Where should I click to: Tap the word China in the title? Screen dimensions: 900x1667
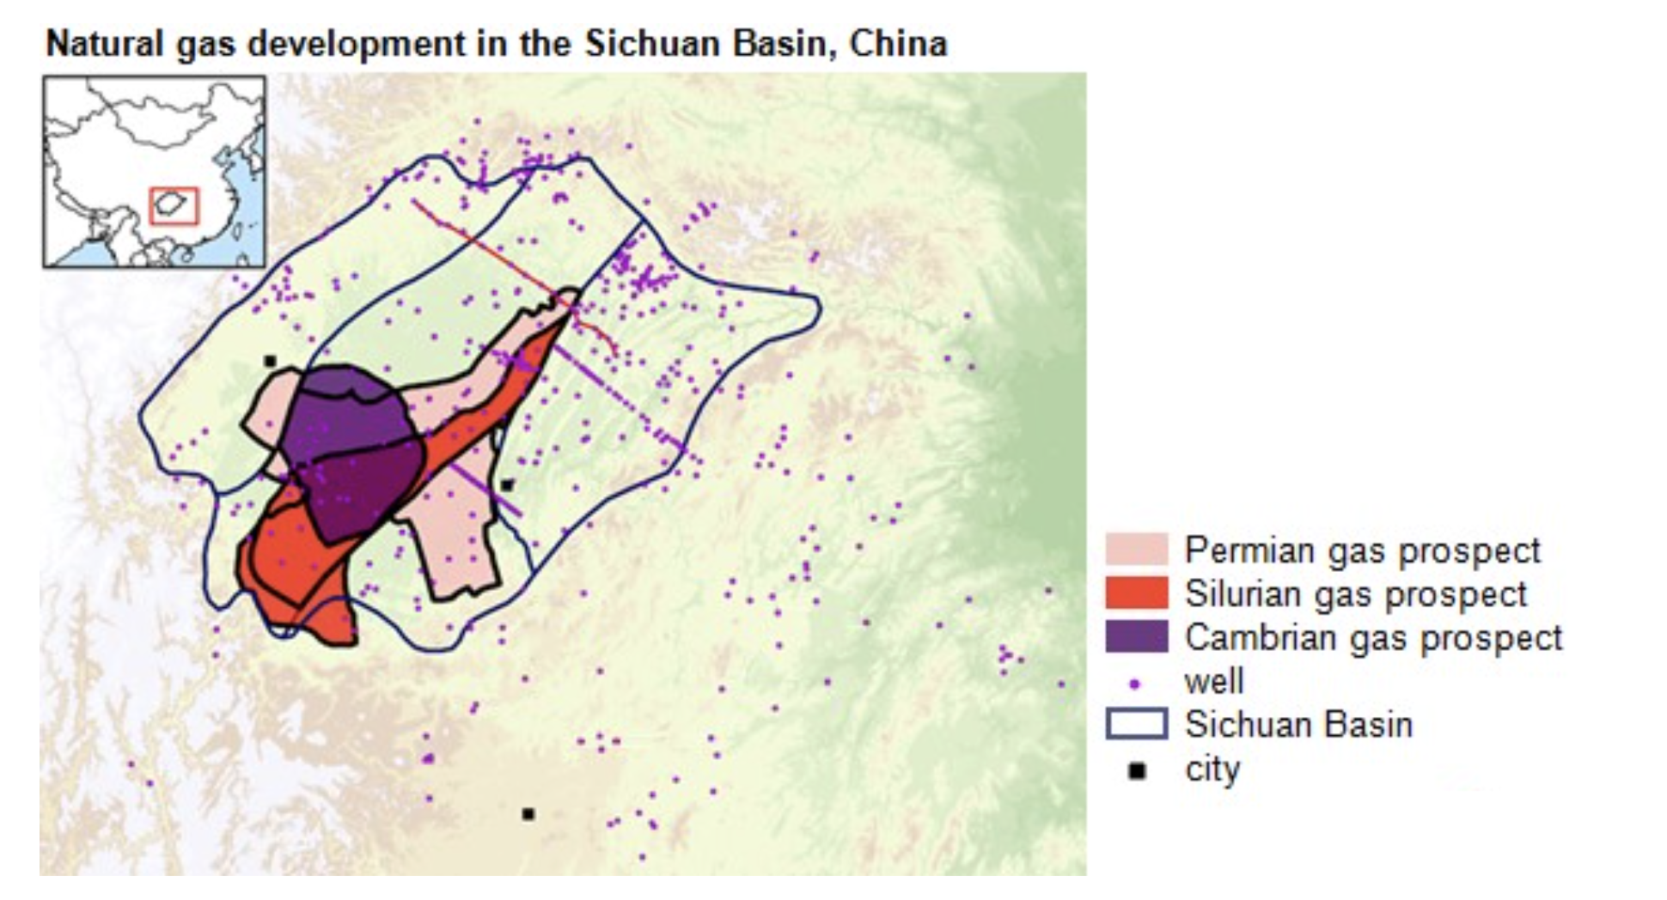898,43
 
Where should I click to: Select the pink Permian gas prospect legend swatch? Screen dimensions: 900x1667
1136,550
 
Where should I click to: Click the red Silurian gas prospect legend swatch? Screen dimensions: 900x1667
1136,593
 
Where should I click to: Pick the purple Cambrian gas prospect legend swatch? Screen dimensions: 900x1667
1136,637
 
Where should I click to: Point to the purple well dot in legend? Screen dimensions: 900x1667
1135,684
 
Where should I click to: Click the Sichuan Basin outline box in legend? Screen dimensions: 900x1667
1136,724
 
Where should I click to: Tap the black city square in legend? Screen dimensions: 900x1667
1136,771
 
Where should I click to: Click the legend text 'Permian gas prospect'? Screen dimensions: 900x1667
1362,550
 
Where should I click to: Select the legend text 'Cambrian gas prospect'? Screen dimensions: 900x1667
1372,638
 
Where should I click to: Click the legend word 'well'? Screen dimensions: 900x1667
1213,682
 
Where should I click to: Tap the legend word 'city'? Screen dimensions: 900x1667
1212,769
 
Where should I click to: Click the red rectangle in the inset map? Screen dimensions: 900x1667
174,206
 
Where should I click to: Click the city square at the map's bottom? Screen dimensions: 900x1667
528,813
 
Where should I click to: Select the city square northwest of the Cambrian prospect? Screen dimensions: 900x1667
270,362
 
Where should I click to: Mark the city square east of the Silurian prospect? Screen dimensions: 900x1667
507,485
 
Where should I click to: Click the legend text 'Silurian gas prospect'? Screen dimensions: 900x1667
1355,594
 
